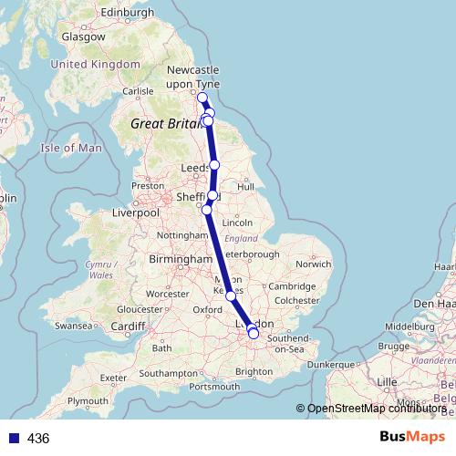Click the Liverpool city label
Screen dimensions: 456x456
click(x=136, y=212)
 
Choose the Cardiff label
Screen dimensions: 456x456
click(x=129, y=326)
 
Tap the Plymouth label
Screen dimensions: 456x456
click(x=88, y=400)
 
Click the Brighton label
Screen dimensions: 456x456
click(x=254, y=371)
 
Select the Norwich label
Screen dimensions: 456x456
click(x=313, y=264)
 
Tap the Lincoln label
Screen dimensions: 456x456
click(x=237, y=222)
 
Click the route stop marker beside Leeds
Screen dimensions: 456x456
click(x=214, y=165)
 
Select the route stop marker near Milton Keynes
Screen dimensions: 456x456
click(x=231, y=295)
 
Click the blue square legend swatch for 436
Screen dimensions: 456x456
click(x=13, y=439)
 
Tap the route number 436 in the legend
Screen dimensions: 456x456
click(x=37, y=439)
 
